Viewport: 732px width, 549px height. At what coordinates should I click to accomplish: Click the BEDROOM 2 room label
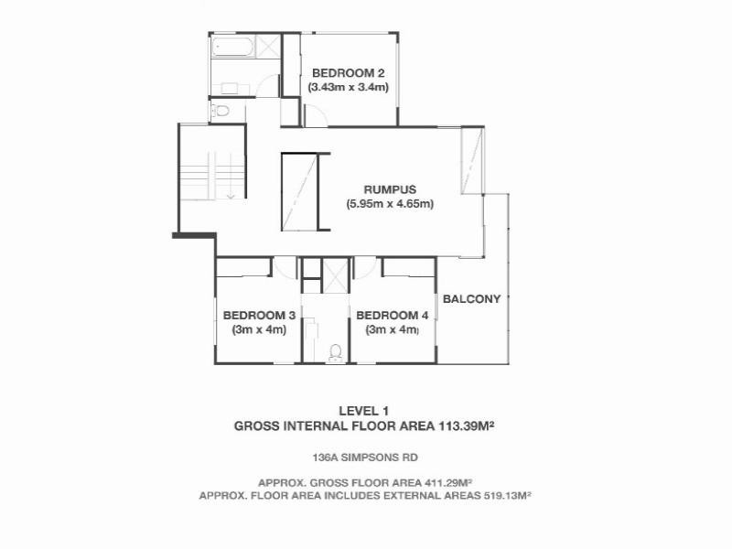coord(349,73)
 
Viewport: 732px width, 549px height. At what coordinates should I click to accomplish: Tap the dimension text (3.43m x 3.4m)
coord(349,88)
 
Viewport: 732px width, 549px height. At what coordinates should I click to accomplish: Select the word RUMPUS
coord(389,190)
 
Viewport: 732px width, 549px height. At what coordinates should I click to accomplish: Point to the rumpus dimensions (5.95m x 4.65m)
coord(389,204)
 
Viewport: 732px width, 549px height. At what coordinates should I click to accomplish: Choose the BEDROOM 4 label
coord(393,316)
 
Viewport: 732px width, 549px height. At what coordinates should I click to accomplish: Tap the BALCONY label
coord(471,298)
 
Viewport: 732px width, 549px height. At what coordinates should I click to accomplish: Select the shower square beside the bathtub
coord(267,46)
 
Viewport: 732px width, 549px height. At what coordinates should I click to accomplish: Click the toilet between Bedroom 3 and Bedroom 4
coord(335,352)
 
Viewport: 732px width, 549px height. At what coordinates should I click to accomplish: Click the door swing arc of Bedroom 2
coord(315,115)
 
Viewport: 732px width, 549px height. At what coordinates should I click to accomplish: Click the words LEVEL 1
coord(364,411)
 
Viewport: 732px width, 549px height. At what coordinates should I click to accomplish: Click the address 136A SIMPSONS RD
coord(364,457)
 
